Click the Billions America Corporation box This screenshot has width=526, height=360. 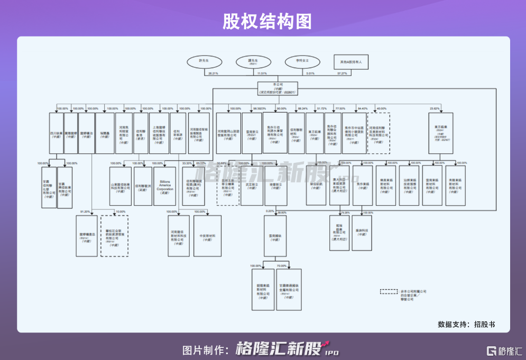pyautogui.click(x=164, y=186)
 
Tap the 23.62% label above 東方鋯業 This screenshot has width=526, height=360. pyautogui.click(x=435, y=109)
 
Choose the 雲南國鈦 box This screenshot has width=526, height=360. pyautogui.click(x=275, y=236)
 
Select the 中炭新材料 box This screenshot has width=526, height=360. pyautogui.click(x=207, y=236)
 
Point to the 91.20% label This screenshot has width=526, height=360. pyautogui.click(x=84, y=211)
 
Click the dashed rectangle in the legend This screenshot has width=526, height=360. pyautogui.click(x=390, y=291)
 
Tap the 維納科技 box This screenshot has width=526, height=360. pyautogui.click(x=362, y=233)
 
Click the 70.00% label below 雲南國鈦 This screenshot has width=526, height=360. pyautogui.click(x=281, y=265)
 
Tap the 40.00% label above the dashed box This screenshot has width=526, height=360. pyautogui.click(x=381, y=109)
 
